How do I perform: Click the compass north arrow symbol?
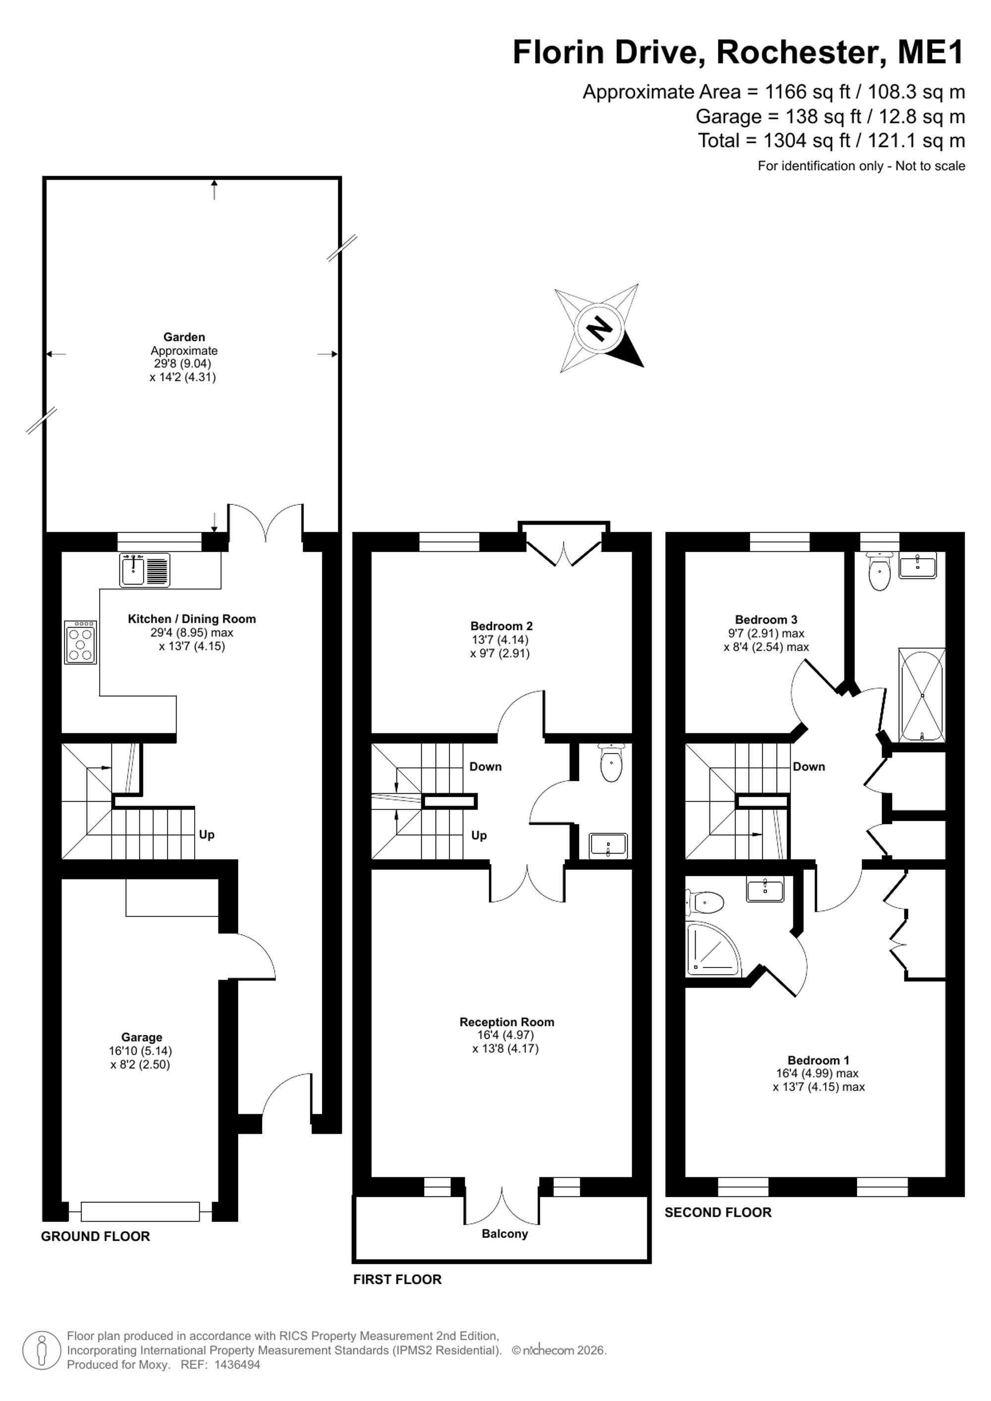pos(599,328)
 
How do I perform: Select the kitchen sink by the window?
pos(145,570)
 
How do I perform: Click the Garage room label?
pos(142,1037)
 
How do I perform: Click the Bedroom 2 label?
pos(501,626)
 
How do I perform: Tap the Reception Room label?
pos(506,1022)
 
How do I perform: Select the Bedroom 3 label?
pos(766,620)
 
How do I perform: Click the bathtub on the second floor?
pos(922,695)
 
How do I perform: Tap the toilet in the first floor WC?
pos(611,763)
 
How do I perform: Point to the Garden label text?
pos(184,337)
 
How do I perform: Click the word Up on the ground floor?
pos(206,835)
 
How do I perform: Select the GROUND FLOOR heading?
pos(95,1236)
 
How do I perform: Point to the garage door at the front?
pos(140,1211)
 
